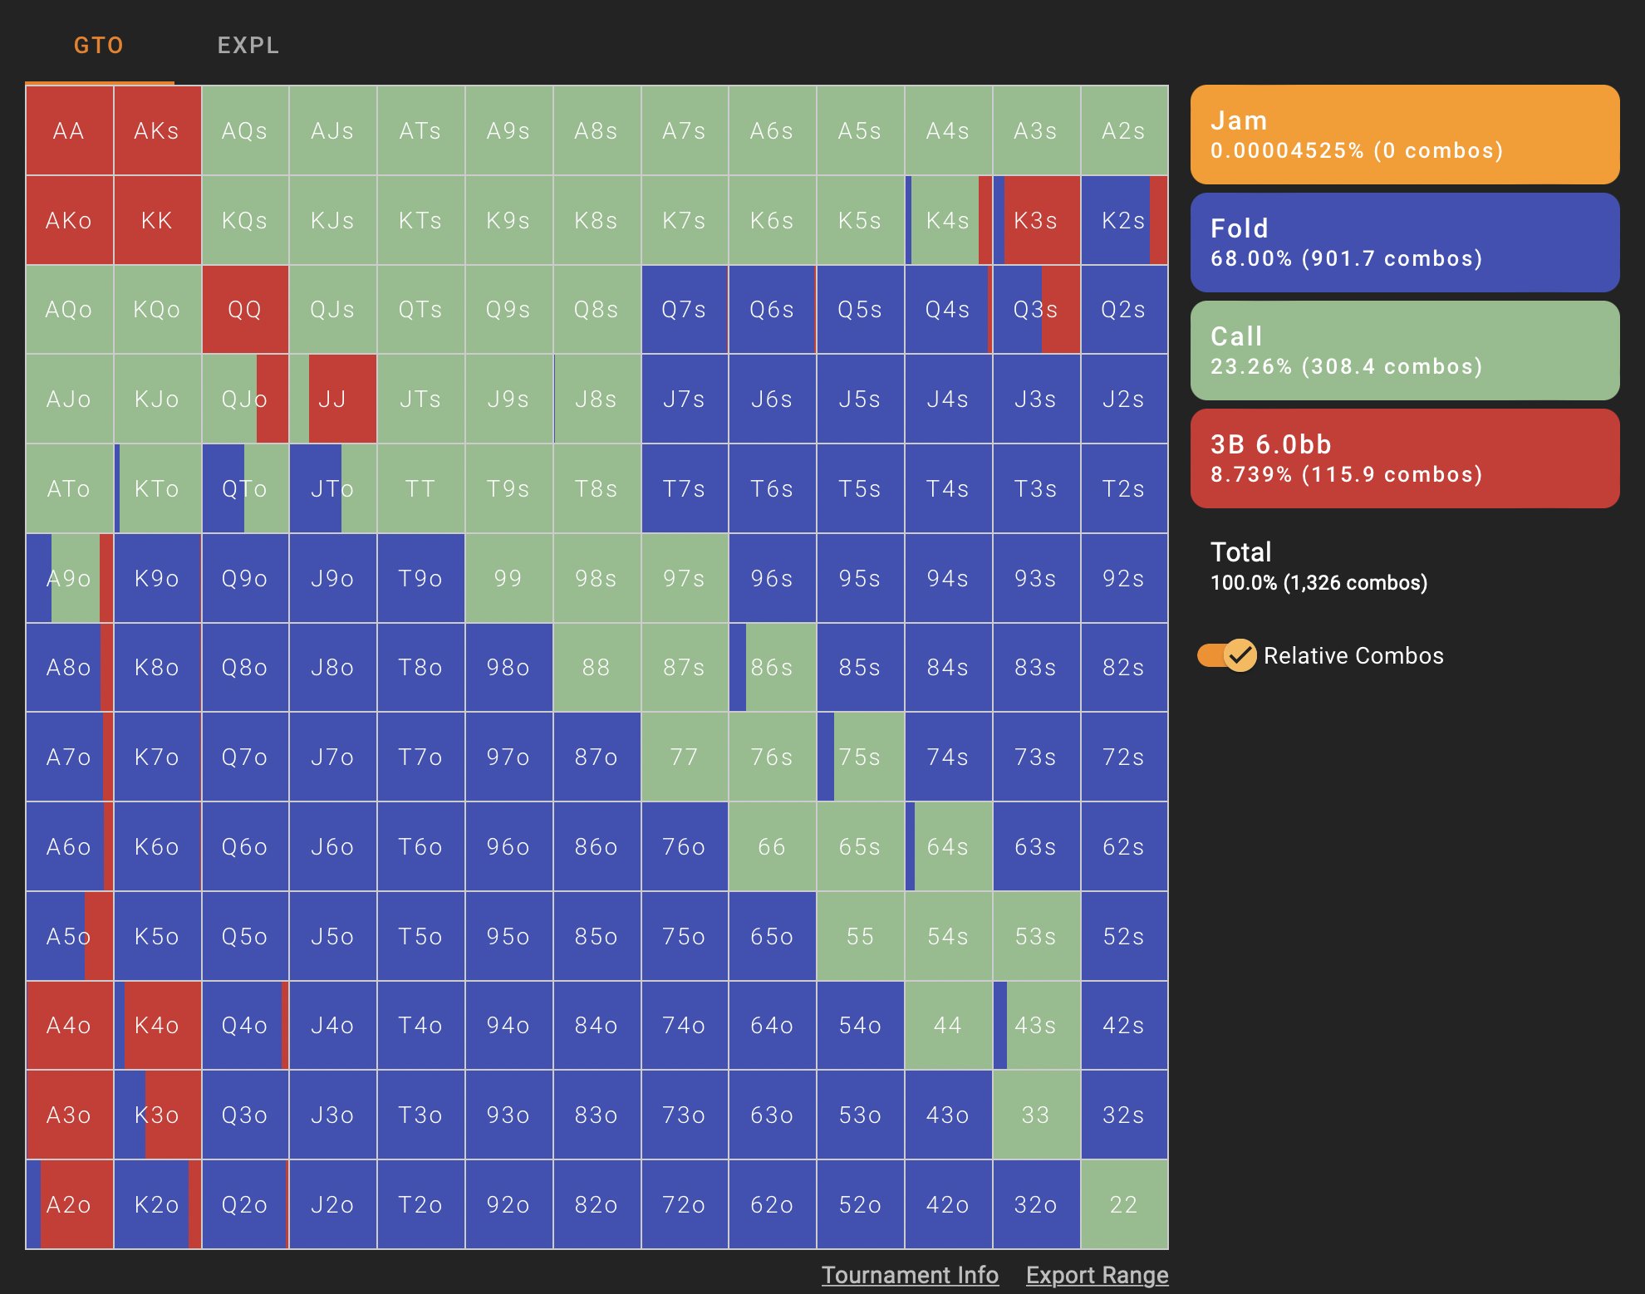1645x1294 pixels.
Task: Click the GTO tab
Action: [x=98, y=45]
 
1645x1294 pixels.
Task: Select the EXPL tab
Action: [x=248, y=45]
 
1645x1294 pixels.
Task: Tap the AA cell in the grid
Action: [x=69, y=130]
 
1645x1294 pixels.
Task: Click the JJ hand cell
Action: [x=332, y=399]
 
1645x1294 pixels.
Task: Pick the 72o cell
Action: [x=684, y=1203]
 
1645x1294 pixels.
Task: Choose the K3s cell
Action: [x=1035, y=220]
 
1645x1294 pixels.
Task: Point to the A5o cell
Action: [x=69, y=936]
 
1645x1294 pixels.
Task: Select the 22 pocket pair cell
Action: [x=1123, y=1203]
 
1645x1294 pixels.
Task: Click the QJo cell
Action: [x=244, y=399]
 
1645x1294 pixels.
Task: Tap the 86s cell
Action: [x=772, y=667]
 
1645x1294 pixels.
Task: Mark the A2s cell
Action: [x=1123, y=130]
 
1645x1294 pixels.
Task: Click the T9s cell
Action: [x=508, y=488]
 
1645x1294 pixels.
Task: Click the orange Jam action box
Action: [x=1404, y=135]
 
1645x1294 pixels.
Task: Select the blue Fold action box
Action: [x=1404, y=243]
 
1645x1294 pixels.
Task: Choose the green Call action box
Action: [x=1404, y=350]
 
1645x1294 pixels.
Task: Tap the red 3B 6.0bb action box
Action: [x=1404, y=458]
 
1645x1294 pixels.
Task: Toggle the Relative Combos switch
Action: [x=1226, y=655]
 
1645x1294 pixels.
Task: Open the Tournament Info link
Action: [x=910, y=1275]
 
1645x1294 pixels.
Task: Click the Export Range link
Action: [x=1097, y=1275]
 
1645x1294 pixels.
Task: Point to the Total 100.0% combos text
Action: [x=1318, y=566]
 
